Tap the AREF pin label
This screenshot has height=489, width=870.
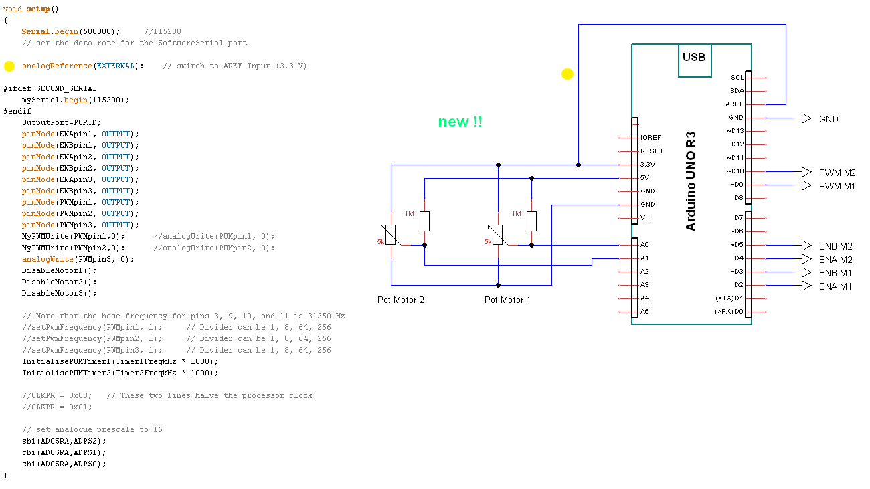point(734,104)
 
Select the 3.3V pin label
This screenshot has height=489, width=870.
point(648,165)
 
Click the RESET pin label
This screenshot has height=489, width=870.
point(652,151)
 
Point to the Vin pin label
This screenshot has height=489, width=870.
point(645,218)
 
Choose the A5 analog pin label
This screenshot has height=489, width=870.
point(644,312)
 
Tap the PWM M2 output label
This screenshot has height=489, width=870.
point(837,173)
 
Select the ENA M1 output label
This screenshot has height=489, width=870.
point(835,286)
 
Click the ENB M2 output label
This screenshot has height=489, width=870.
point(835,246)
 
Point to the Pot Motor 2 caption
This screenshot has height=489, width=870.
point(401,300)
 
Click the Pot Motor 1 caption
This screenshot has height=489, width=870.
point(507,300)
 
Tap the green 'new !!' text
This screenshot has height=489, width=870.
point(460,122)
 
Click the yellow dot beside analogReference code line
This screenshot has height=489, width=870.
point(9,66)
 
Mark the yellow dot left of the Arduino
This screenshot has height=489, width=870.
point(568,74)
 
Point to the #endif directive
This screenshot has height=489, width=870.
point(17,111)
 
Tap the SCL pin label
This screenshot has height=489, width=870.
point(737,78)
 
